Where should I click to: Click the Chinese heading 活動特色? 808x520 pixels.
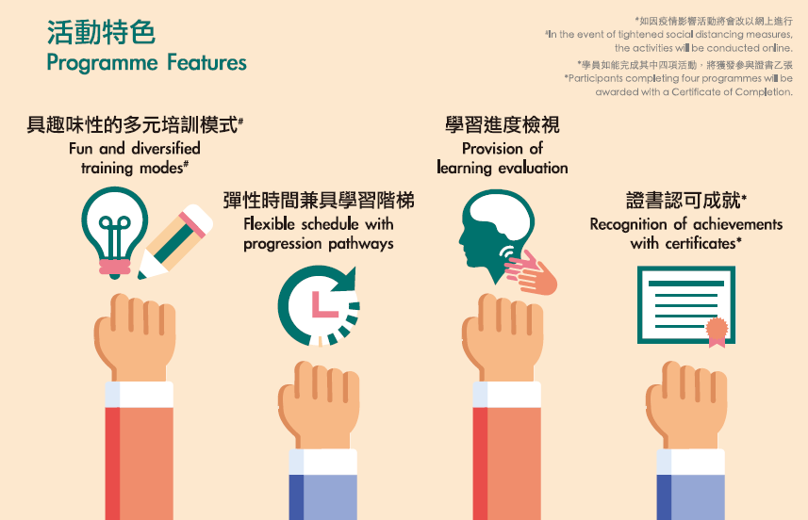tap(101, 32)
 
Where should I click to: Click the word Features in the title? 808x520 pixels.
tap(206, 63)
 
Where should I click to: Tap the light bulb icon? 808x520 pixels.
tap(114, 233)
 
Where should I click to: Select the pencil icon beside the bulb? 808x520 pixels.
tap(175, 241)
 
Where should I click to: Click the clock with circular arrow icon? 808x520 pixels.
tap(319, 306)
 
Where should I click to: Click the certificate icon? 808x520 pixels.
tap(685, 305)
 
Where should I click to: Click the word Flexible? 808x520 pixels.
tap(269, 224)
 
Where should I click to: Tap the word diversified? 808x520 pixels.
tap(165, 149)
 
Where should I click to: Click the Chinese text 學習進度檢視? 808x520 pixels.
tap(502, 124)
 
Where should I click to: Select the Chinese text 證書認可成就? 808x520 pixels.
tap(684, 201)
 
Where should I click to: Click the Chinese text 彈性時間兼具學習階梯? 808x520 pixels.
tap(319, 201)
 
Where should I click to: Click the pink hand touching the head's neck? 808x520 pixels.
tap(531, 273)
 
